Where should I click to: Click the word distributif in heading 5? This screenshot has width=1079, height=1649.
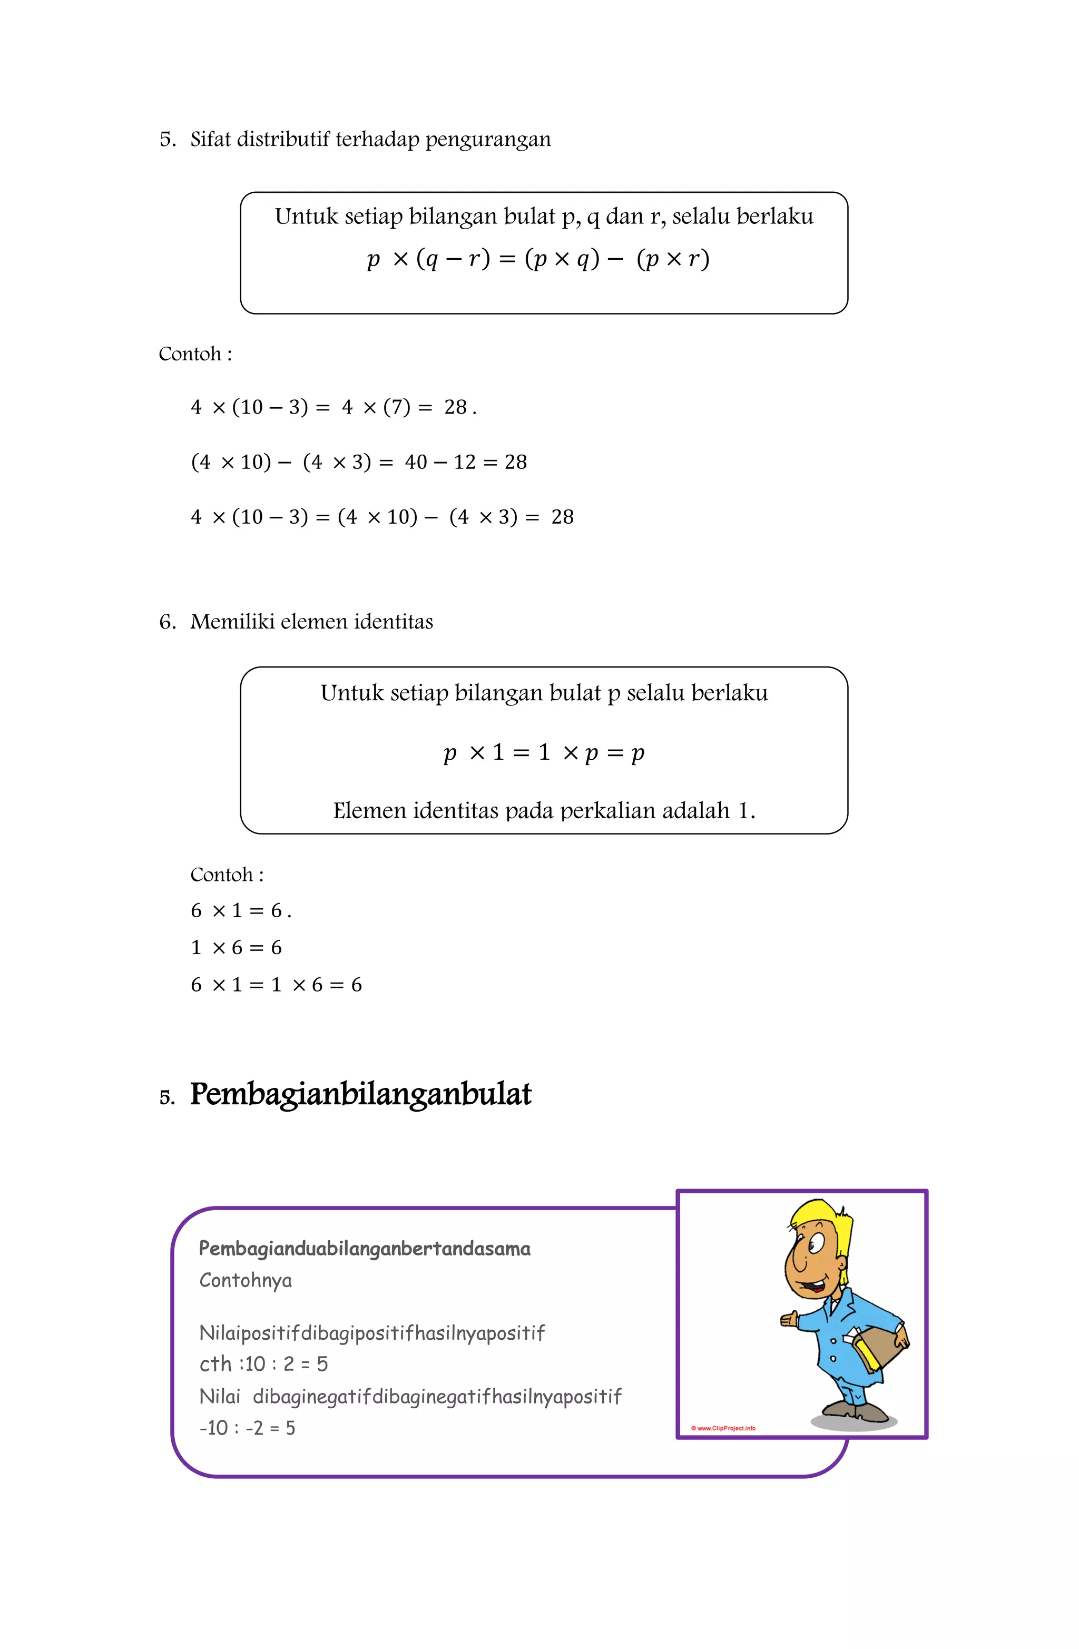283,139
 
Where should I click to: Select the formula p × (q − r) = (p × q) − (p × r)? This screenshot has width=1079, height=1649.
538,259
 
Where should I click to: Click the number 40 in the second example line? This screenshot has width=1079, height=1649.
416,462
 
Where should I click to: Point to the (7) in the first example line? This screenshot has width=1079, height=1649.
396,407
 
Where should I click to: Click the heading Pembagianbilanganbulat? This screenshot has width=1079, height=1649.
360,1095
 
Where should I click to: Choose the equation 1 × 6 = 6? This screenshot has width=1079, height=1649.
237,948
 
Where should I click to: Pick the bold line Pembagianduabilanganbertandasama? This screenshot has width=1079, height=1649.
365,1249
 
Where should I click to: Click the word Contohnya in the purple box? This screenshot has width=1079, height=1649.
246,1280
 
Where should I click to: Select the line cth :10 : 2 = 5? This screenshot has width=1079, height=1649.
263,1364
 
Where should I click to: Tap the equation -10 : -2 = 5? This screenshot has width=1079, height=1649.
247,1428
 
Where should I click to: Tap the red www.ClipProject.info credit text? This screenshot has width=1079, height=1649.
723,1428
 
